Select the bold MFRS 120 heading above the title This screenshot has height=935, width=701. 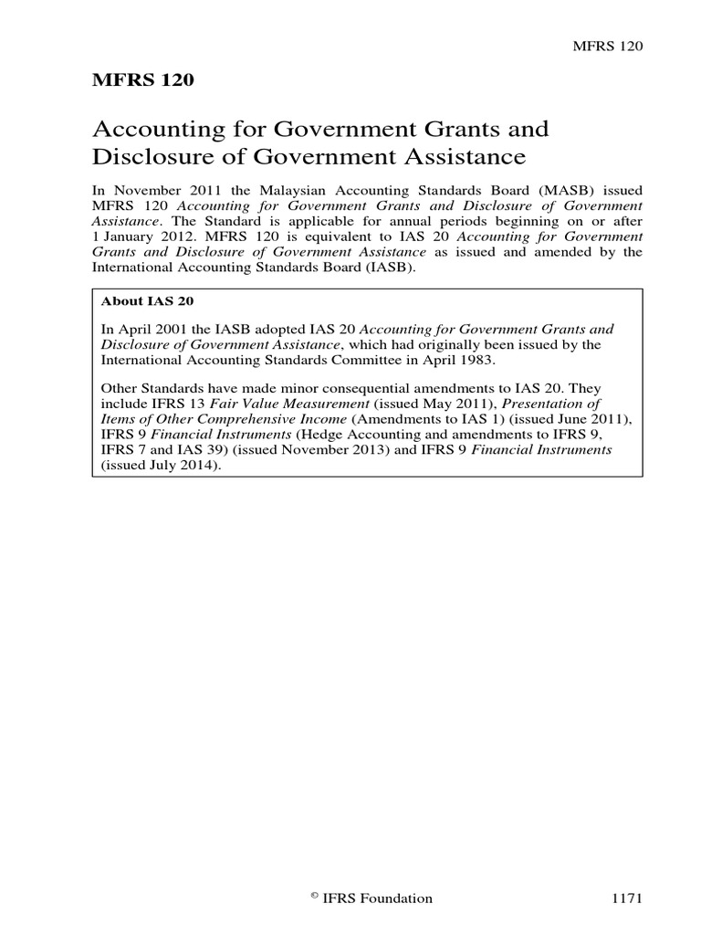click(x=143, y=80)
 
